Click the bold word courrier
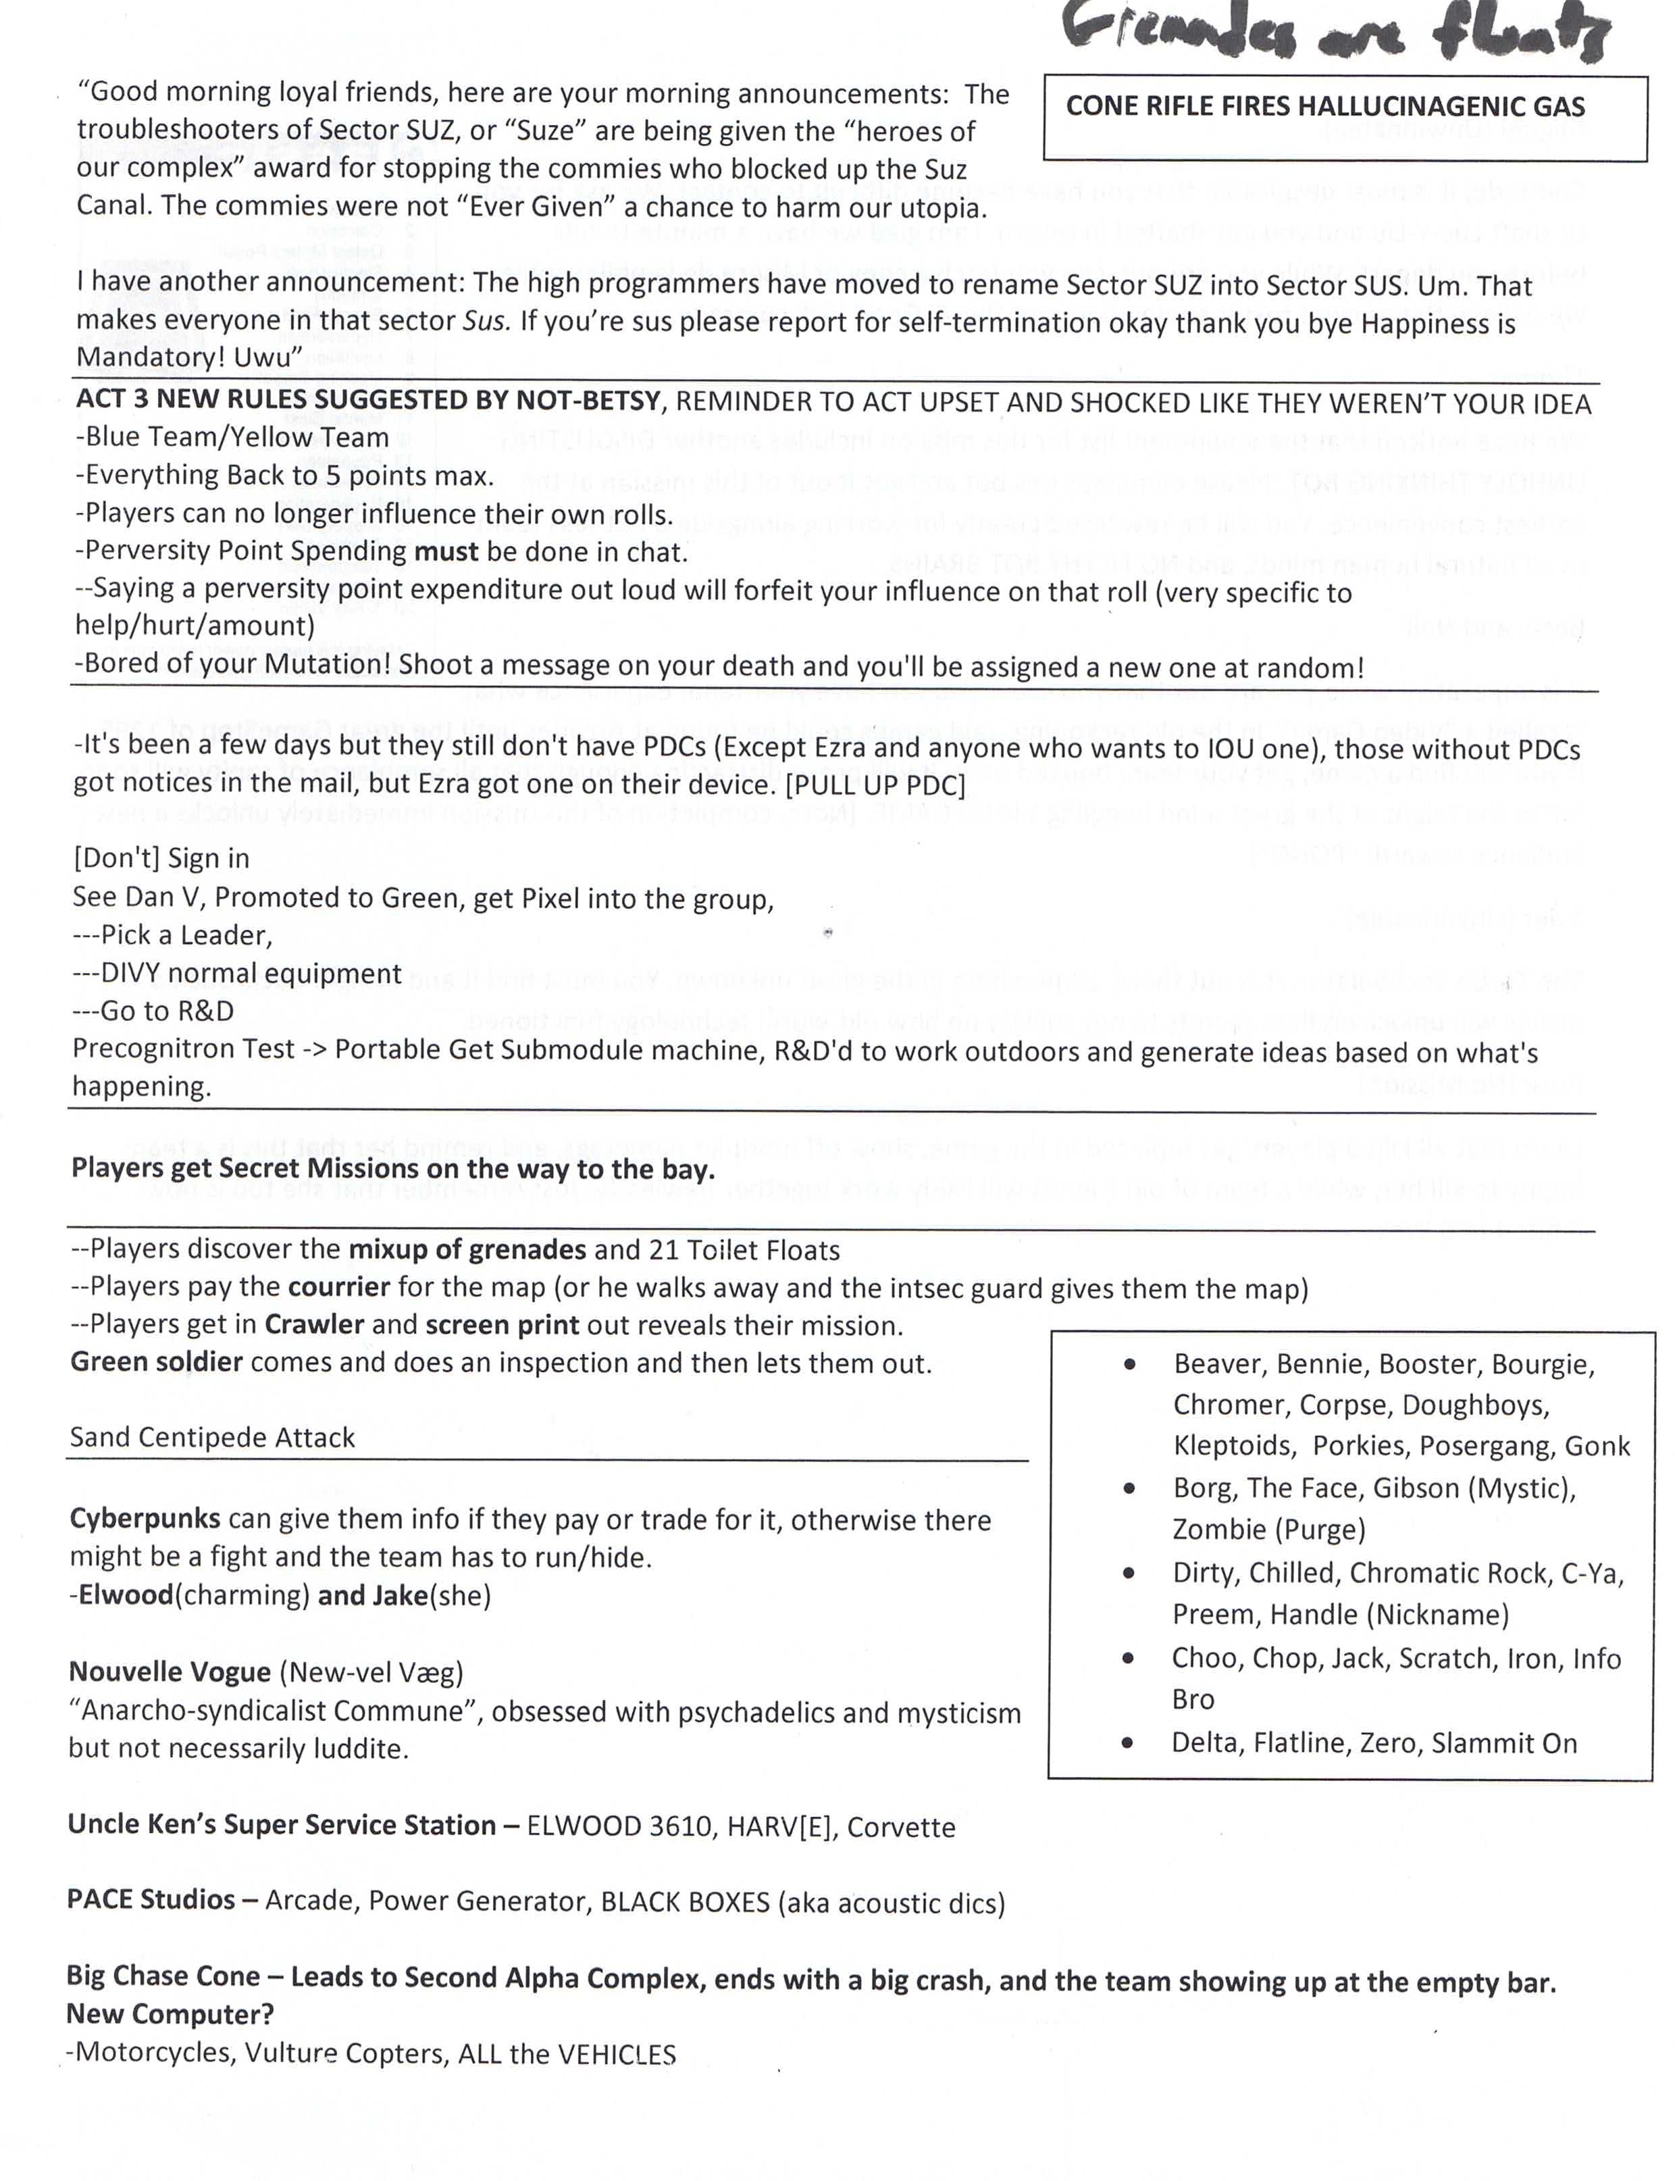coord(339,1288)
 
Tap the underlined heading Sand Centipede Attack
coord(212,1437)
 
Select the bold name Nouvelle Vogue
coord(170,1672)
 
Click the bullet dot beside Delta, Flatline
coord(1128,1743)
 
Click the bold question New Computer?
coord(170,2015)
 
